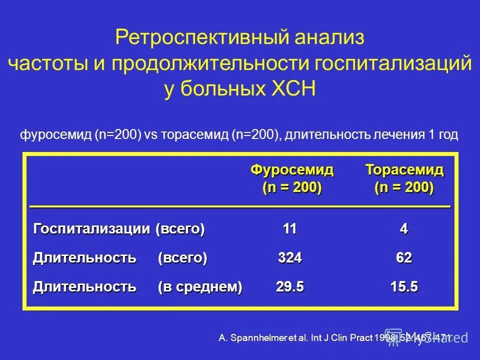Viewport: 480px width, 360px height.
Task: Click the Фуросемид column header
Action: tap(291, 170)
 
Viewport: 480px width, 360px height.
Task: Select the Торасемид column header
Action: tap(404, 170)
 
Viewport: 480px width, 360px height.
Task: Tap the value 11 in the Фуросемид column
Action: tap(290, 229)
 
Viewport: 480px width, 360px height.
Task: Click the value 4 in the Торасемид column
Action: tap(404, 229)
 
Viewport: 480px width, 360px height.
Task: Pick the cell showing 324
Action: tap(290, 258)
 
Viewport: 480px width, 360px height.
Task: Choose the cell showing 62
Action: tap(404, 258)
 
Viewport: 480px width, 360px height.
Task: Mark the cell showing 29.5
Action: tap(290, 287)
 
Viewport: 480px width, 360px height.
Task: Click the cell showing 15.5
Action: tap(404, 287)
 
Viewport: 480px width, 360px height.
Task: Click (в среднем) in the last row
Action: tap(200, 287)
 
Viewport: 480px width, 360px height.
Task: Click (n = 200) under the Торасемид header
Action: tap(404, 188)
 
